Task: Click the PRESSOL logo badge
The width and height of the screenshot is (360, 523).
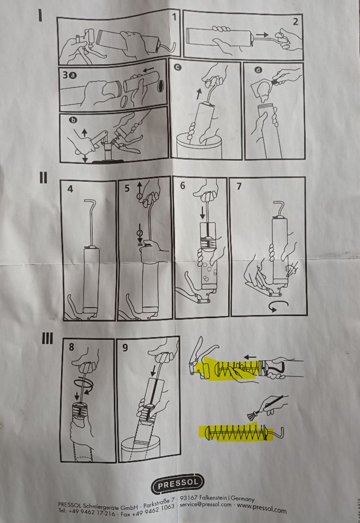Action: coord(178,483)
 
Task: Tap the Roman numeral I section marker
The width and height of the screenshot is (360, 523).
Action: coord(41,15)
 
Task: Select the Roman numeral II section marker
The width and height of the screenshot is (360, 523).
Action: coord(43,178)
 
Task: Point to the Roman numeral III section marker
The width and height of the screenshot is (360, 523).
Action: coord(47,338)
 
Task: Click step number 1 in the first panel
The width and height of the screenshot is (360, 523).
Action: coord(174,17)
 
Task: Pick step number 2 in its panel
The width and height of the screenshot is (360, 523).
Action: coord(295,22)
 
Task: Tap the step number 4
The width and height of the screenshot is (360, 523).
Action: coord(70,189)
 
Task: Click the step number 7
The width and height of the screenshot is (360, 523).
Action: coord(239,186)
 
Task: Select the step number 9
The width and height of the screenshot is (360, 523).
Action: coord(125,348)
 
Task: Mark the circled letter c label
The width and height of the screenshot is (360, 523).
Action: coord(178,67)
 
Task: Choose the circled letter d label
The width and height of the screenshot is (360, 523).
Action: coord(258,70)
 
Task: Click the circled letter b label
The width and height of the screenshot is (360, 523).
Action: coord(73,120)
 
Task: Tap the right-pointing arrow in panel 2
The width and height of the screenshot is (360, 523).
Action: coord(262,34)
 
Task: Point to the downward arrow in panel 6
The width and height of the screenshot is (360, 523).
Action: coord(203,213)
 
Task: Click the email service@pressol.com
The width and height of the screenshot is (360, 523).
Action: coord(206,505)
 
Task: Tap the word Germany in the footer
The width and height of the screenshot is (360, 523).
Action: coord(242,499)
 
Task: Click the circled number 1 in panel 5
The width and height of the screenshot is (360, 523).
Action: coord(140,196)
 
